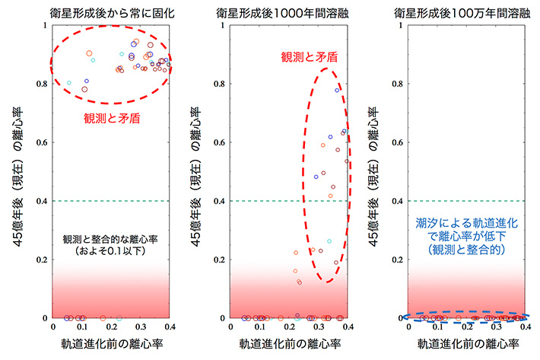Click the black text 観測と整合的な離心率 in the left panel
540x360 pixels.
click(x=111, y=238)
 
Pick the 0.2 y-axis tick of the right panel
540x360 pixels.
click(x=400, y=260)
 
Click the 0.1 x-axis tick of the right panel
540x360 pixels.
click(x=438, y=327)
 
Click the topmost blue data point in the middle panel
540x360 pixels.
click(x=337, y=90)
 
